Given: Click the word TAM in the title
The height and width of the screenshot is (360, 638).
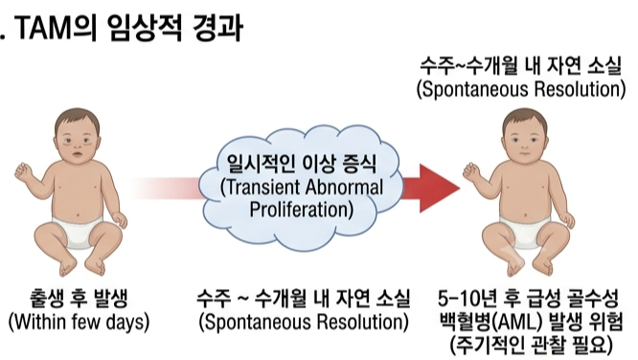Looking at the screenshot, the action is pos(44,28).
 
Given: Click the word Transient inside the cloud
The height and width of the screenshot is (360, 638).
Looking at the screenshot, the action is pos(261,188).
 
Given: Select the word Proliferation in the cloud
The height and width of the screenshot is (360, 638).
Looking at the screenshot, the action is pos(301,210).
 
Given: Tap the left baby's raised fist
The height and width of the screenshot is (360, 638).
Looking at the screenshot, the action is pos(23,170).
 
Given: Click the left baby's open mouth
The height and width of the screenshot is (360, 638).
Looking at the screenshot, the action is pos(77,154).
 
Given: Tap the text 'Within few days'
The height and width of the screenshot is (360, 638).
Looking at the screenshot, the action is pos(79,322).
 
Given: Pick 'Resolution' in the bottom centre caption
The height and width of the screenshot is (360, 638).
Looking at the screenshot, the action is pos(358,322).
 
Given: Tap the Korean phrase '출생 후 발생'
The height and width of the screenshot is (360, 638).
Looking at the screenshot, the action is pos(79,299).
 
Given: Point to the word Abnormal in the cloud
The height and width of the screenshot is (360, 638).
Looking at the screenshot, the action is pos(344,188).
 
